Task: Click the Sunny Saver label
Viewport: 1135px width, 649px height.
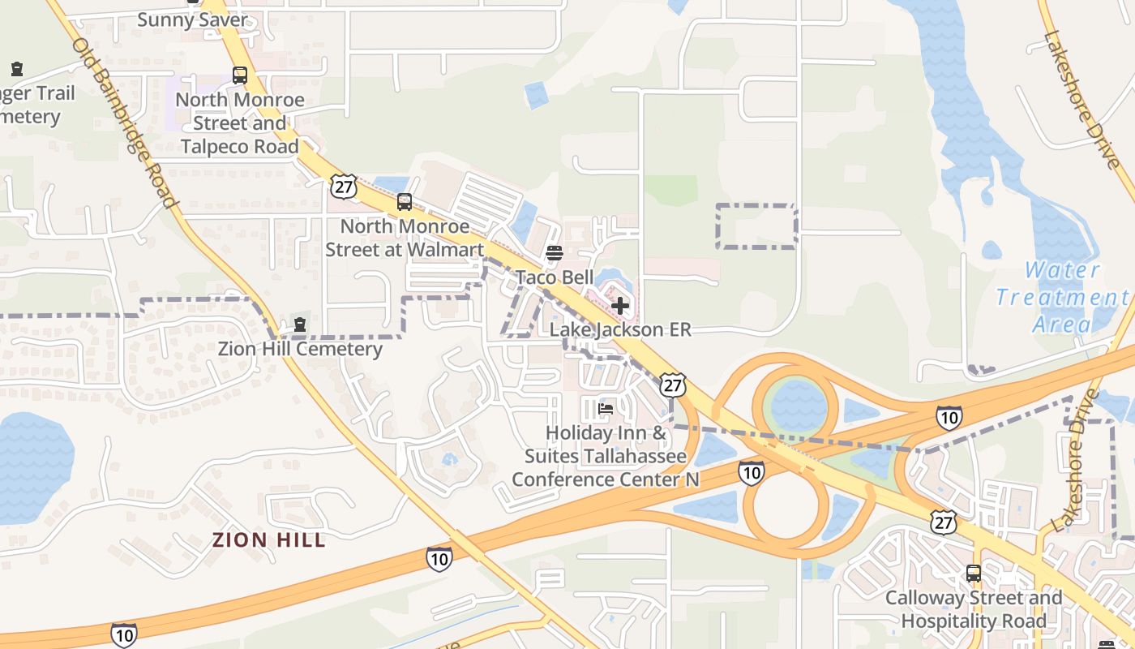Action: [192, 19]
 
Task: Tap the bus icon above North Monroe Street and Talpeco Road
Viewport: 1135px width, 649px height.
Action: [240, 75]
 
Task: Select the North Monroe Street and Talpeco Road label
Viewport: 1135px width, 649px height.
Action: [240, 123]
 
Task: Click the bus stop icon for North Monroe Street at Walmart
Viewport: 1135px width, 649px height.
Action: [405, 202]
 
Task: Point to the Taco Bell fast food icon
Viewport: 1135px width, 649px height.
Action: [555, 253]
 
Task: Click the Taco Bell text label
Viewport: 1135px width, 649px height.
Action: [555, 277]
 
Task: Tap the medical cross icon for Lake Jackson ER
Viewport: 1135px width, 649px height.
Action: [620, 306]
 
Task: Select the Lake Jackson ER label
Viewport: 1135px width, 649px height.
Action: [620, 329]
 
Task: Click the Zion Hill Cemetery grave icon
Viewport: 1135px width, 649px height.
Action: [300, 324]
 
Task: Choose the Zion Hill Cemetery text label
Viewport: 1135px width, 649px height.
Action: [300, 349]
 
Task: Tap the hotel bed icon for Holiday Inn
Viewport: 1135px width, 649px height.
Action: [606, 409]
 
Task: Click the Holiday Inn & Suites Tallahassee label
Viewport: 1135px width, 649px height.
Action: [606, 456]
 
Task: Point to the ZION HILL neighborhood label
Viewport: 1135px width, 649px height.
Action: [269, 540]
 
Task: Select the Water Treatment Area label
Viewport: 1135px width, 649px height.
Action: [1062, 297]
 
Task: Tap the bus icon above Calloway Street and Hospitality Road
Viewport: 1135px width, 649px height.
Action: [974, 574]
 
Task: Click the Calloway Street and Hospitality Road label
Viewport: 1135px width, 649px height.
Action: [974, 609]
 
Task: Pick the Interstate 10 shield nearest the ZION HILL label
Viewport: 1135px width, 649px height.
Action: [439, 558]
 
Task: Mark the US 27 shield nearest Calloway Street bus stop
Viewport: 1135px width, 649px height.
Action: [944, 522]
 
